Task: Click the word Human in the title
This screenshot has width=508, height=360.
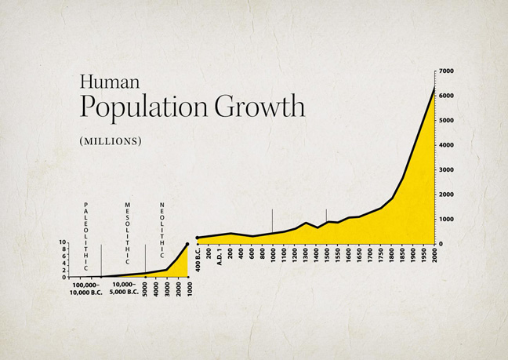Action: tap(110, 82)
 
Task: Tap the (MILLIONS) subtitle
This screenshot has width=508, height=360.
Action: tap(111, 141)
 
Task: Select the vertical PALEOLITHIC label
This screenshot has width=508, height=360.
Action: tap(85, 236)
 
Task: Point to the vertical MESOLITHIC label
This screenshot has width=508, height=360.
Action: tap(127, 233)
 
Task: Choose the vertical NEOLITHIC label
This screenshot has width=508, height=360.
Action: tap(161, 230)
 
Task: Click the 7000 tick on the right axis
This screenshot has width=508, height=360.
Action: tap(445, 71)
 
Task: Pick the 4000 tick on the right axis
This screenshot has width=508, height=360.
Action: tap(445, 145)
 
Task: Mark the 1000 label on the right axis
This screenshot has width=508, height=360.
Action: tap(445, 219)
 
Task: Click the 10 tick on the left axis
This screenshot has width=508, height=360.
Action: tap(62, 243)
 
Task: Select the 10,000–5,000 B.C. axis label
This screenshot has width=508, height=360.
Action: tap(124, 289)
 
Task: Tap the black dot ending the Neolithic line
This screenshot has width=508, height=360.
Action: tap(187, 244)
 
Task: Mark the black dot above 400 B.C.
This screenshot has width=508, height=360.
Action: tap(198, 238)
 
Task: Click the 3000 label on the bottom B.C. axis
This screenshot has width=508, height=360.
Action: tap(167, 288)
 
